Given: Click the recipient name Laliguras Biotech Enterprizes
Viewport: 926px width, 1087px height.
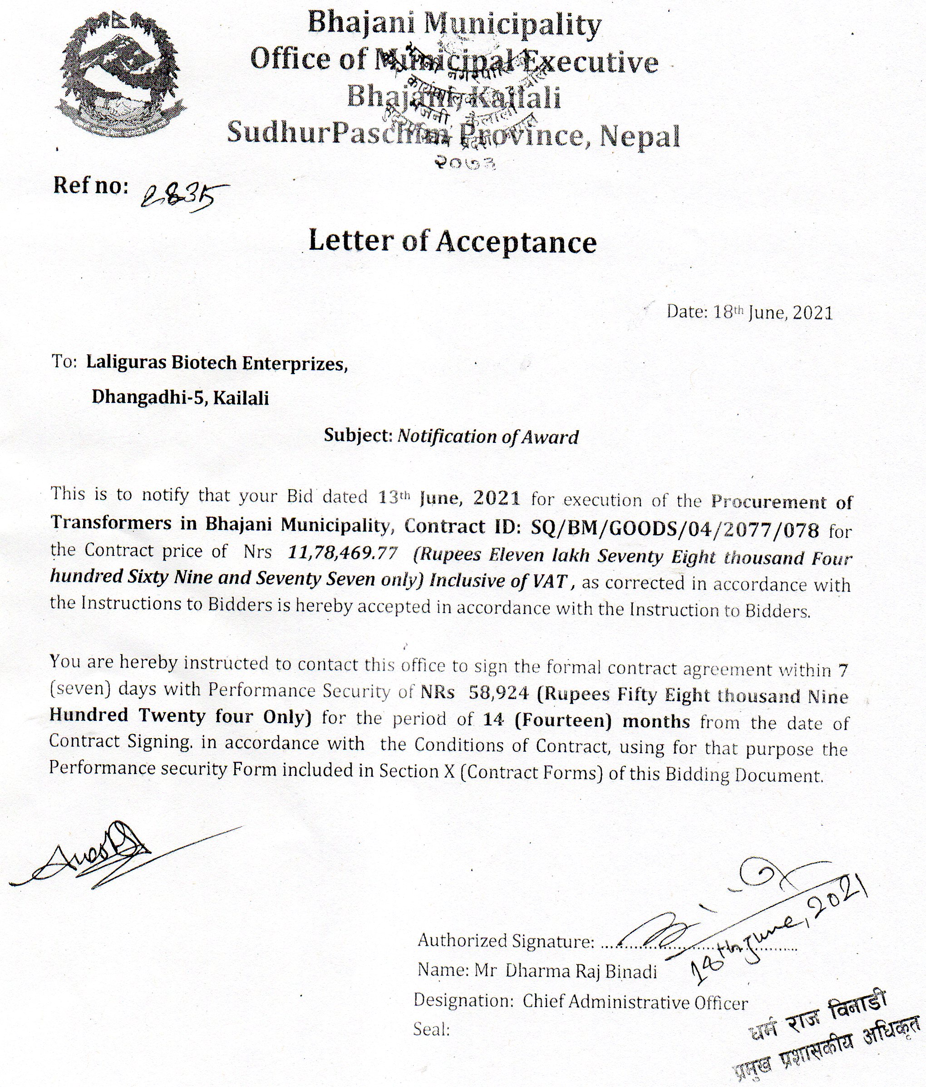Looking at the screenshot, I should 217,363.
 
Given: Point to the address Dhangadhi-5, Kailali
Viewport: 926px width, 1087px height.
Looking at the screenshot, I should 180,398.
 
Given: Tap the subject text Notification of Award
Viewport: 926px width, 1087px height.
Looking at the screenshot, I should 488,437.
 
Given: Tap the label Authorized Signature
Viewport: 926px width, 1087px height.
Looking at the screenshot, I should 506,941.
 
